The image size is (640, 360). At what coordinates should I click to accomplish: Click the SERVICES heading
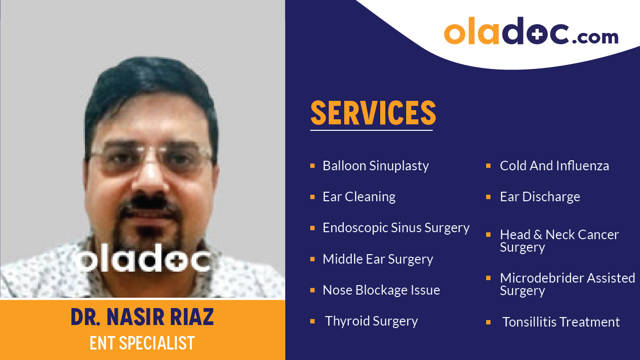(x=373, y=113)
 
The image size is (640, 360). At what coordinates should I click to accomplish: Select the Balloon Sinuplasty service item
(x=375, y=166)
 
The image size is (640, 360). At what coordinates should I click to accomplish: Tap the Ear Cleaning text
(x=359, y=197)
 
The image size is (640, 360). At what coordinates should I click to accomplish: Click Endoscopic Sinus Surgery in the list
(x=396, y=228)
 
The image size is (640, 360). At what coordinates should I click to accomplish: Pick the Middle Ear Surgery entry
(x=378, y=259)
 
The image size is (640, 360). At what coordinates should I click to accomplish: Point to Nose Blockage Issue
(x=381, y=290)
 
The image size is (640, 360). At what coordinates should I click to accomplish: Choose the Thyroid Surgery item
(x=371, y=321)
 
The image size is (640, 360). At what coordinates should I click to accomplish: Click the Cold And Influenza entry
(x=554, y=166)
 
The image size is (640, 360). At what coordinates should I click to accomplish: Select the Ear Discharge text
(x=540, y=197)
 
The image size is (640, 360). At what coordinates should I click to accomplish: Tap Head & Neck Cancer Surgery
(x=559, y=241)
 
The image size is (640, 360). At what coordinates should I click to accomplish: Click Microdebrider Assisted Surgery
(x=567, y=284)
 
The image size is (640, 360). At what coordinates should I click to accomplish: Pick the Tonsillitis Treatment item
(x=561, y=322)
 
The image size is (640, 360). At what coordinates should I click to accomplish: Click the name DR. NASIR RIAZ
(x=142, y=318)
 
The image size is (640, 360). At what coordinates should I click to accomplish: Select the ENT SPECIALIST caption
(x=142, y=343)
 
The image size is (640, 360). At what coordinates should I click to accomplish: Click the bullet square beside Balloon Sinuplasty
(x=312, y=165)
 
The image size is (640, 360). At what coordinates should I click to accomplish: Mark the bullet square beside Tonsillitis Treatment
(x=488, y=322)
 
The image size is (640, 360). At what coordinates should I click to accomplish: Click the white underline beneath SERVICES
(x=371, y=130)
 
